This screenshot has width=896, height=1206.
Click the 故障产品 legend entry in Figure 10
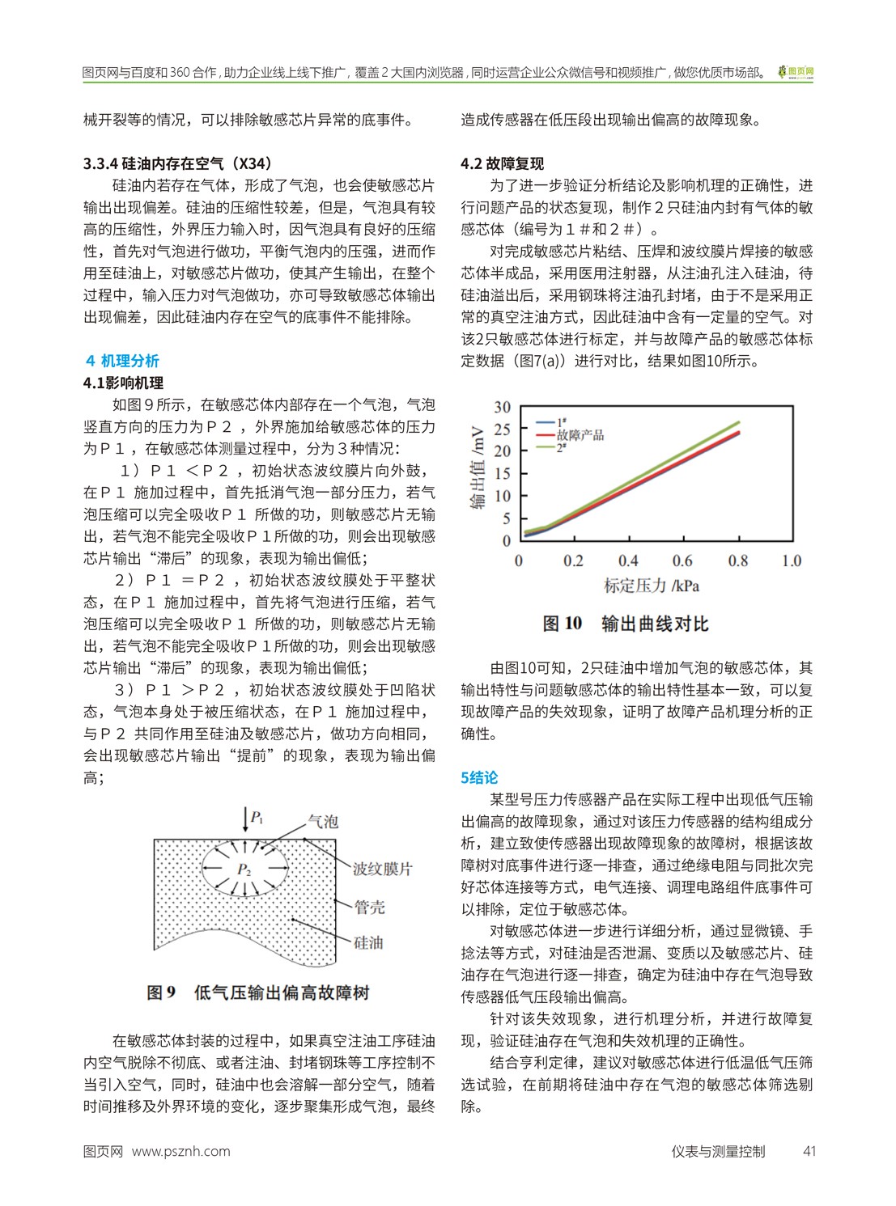pos(580,434)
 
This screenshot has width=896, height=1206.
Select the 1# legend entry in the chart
pos(561,422)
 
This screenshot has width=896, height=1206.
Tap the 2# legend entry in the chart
pos(561,446)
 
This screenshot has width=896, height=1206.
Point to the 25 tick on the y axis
pos(503,429)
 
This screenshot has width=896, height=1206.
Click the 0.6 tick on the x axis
pos(682,561)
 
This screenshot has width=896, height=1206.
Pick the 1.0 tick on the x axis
pos(791,561)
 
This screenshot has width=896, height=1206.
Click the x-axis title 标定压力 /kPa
pos(651,585)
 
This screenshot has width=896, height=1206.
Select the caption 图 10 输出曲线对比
pos(626,624)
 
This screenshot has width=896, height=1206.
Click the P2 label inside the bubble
pos(244,870)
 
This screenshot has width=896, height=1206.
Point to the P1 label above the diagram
pos(257,817)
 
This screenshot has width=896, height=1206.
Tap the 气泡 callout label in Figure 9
pos(323,822)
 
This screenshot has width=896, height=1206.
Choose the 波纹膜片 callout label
pos(383,869)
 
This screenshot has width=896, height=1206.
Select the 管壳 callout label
pos(370,907)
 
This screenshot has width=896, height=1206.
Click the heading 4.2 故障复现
pos(502,164)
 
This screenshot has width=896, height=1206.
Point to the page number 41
pos(809,1151)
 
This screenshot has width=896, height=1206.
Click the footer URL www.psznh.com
pos(180,1151)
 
